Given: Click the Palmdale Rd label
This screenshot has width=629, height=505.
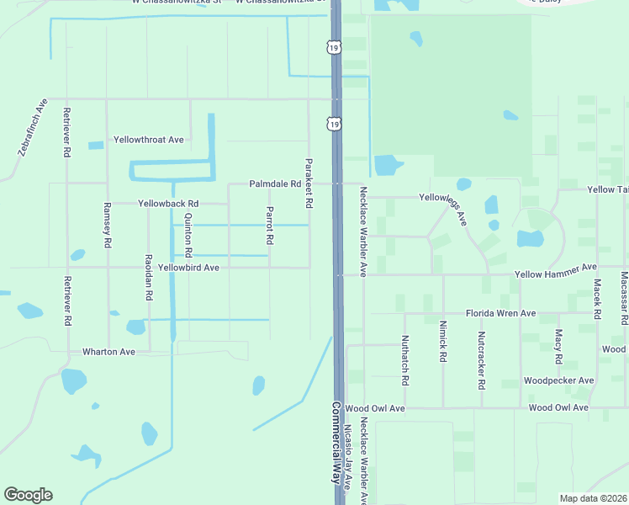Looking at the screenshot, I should (274, 183).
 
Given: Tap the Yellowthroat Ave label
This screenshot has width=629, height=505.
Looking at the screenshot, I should (149, 140).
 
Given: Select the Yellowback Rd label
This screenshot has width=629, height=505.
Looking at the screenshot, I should (168, 204).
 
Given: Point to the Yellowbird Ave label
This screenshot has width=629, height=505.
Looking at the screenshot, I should (189, 268).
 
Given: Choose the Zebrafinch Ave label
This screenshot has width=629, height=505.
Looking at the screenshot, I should (32, 128).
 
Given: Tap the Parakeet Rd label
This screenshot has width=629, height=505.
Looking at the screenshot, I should (309, 183).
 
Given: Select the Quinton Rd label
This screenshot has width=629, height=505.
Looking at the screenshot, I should (188, 235).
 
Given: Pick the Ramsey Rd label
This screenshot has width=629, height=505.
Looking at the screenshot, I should (107, 225).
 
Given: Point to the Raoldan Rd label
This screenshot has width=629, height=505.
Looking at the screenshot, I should (148, 278).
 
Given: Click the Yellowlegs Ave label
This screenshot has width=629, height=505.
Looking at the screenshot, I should (442, 207).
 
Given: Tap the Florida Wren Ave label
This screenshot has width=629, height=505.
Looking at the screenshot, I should (501, 313).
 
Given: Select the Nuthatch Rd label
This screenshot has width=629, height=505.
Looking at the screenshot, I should (404, 360).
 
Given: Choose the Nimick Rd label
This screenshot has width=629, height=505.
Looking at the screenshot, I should (442, 342).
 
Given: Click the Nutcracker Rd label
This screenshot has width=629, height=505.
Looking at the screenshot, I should (481, 360).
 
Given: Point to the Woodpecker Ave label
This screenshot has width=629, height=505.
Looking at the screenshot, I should (558, 380).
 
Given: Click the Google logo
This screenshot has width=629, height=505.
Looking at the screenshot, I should (28, 495).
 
